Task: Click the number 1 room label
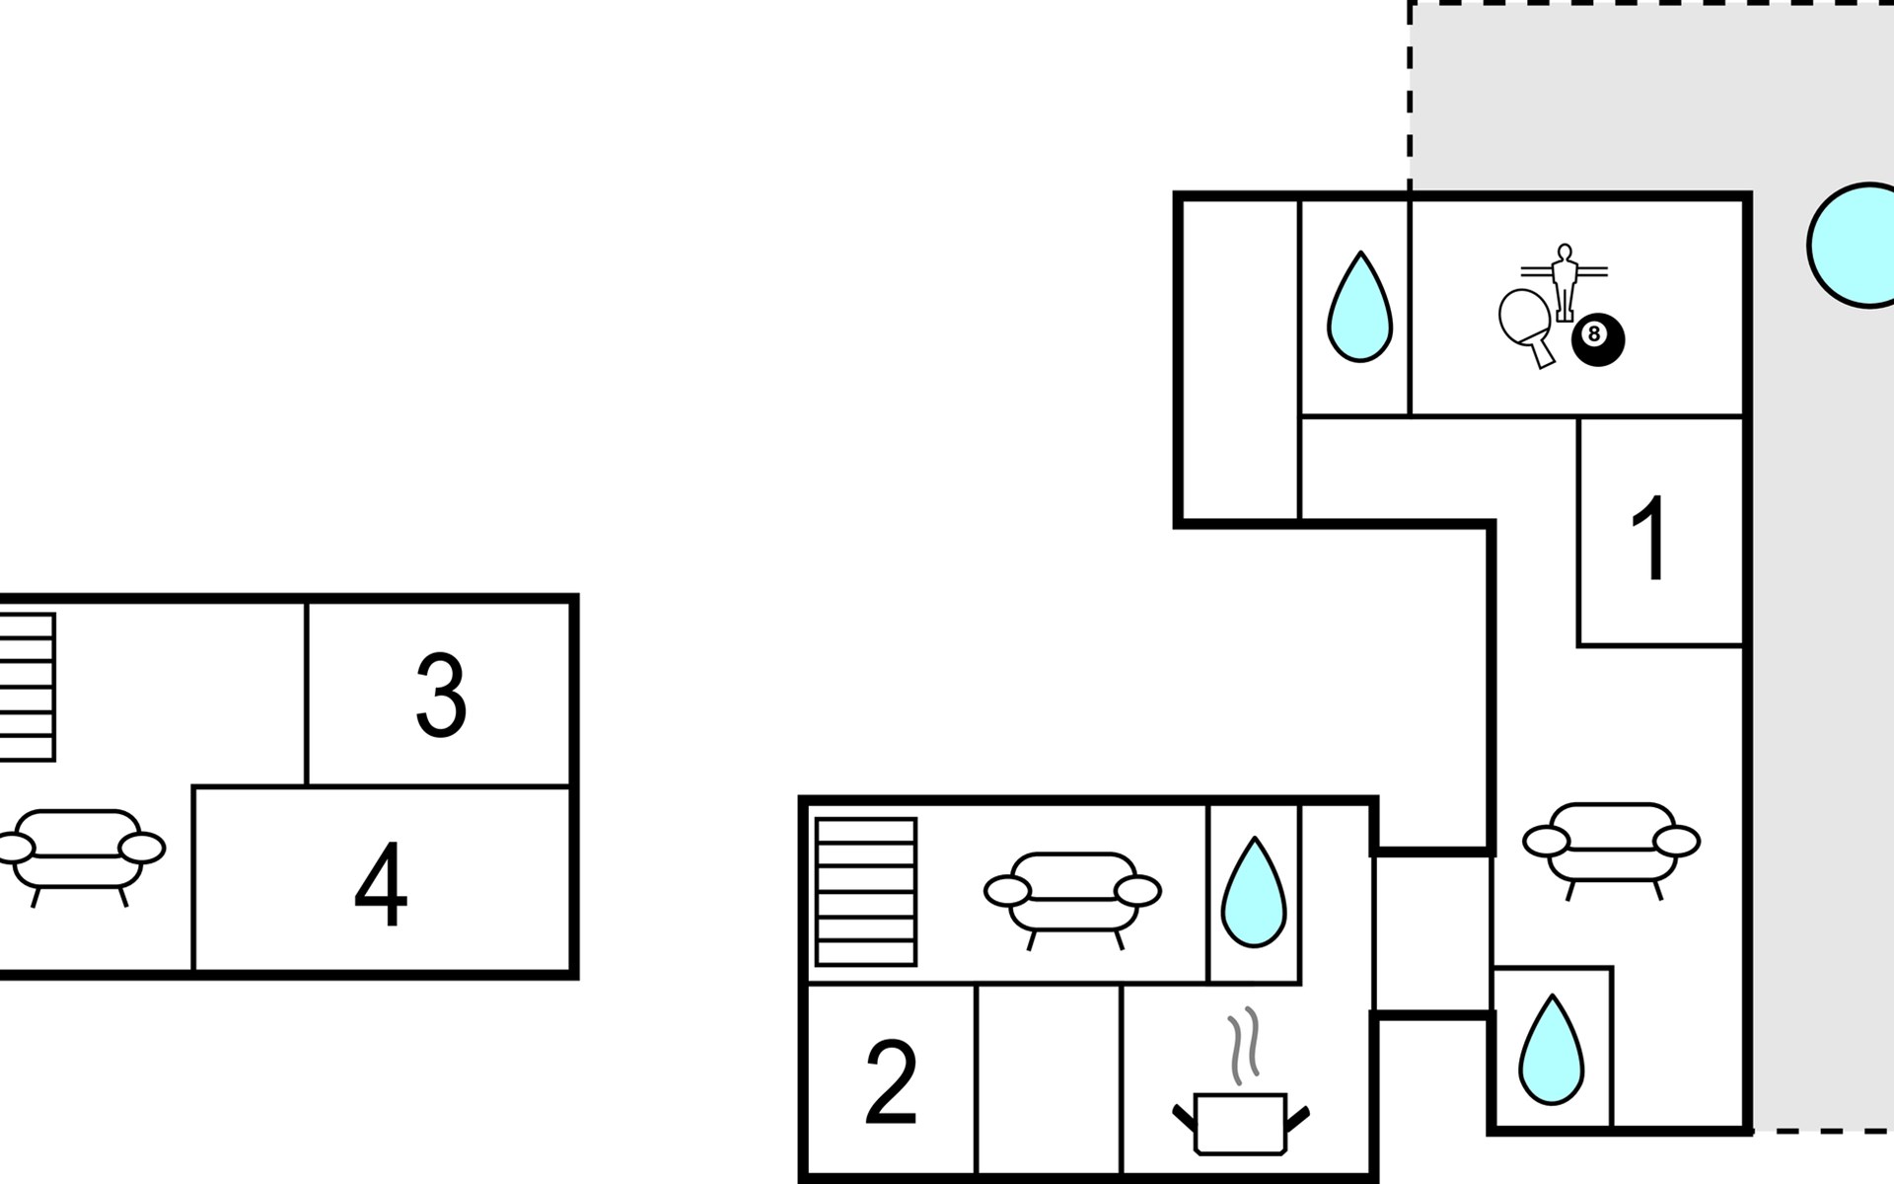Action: coord(1650,538)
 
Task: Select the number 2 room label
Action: coord(891,1081)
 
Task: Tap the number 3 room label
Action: coord(441,696)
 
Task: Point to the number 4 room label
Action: coord(381,884)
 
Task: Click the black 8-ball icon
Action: coord(1597,339)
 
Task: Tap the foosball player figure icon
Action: coord(1564,282)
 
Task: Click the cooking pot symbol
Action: coord(1240,1122)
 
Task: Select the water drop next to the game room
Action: coord(1359,306)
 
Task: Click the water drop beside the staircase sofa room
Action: coord(1254,892)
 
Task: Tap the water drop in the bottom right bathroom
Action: coord(1552,1049)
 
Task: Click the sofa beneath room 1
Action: coord(1611,846)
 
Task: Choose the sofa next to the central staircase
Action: coord(1072,896)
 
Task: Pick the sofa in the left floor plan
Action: coord(79,853)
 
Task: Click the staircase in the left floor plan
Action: coord(28,687)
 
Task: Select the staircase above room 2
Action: coord(866,892)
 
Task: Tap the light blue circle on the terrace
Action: coord(1852,246)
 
